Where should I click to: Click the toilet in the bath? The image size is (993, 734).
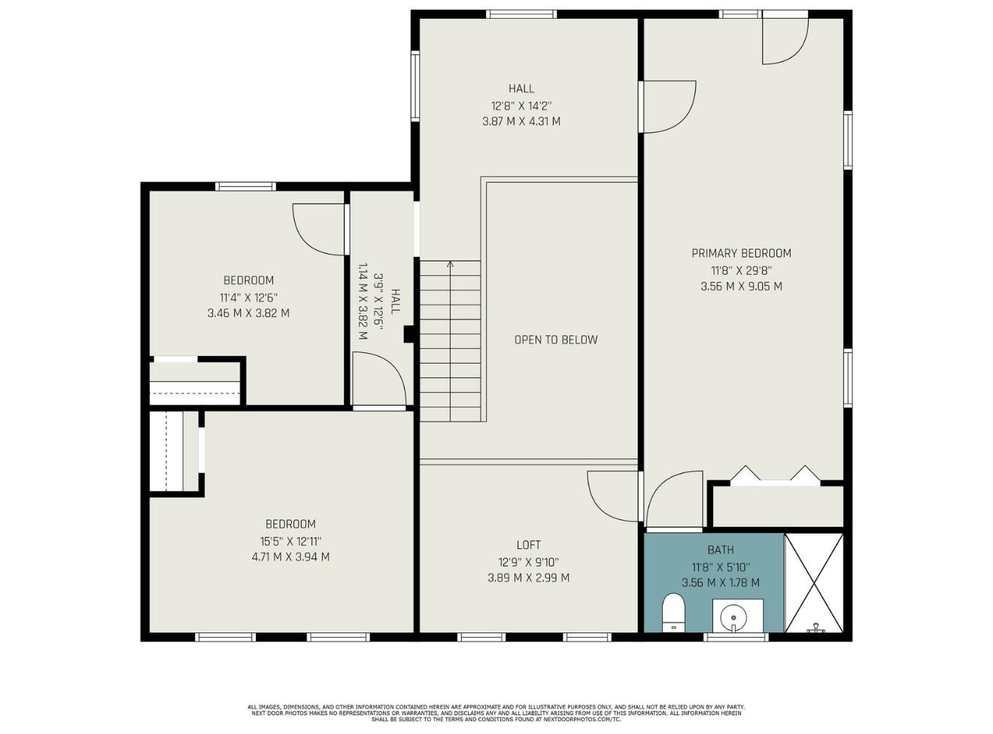point(673,612)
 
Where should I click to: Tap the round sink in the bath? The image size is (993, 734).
point(733,618)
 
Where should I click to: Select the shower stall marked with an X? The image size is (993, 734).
point(814,583)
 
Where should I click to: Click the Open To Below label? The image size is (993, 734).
point(556,340)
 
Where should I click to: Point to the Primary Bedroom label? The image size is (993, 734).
point(741,253)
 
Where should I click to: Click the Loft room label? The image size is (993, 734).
point(528,545)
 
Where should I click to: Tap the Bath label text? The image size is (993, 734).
point(721,550)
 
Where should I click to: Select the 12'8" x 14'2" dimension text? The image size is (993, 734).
point(521,106)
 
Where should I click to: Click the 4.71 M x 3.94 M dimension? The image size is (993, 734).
point(290,557)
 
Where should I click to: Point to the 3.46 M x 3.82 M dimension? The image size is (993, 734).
point(248,313)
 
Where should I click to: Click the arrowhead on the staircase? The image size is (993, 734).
point(450,264)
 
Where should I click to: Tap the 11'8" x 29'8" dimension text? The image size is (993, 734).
point(742,271)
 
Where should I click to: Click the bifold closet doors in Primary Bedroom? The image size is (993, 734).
point(776,477)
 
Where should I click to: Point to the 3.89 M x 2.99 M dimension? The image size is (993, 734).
point(528,578)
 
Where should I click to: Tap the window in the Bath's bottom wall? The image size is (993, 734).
point(736,637)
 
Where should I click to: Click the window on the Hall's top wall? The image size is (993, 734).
point(521,14)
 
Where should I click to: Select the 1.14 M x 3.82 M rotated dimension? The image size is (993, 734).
point(363,301)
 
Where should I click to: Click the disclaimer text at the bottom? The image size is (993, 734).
point(496,713)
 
